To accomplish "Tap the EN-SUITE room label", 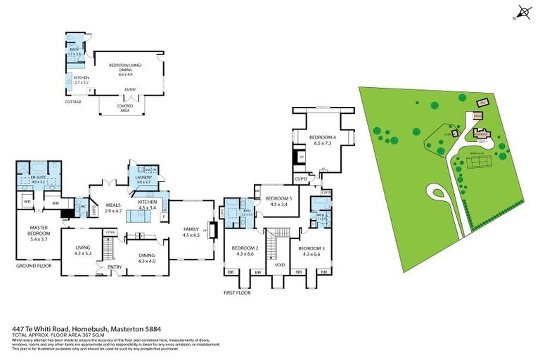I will pyautogui.click(x=38, y=180).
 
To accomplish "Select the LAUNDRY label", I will pyautogui.click(x=144, y=180).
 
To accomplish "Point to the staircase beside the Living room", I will pyautogui.click(x=109, y=249).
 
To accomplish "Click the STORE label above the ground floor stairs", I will pyautogui.click(x=109, y=231).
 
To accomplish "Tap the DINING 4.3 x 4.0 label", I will pyautogui.click(x=146, y=258).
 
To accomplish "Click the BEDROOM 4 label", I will pyautogui.click(x=321, y=139).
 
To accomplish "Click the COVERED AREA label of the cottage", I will pyautogui.click(x=124, y=107).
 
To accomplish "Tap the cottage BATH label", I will pyautogui.click(x=75, y=49).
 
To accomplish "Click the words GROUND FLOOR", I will pyautogui.click(x=32, y=266).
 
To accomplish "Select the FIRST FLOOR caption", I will pyautogui.click(x=238, y=292).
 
